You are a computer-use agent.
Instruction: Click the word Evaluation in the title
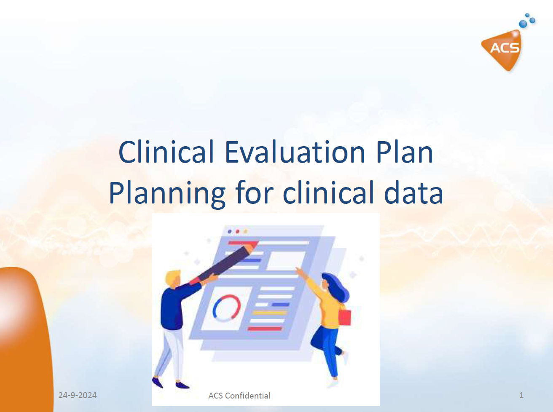pyautogui.click(x=295, y=152)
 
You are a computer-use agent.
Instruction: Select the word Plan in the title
pyautogui.click(x=405, y=152)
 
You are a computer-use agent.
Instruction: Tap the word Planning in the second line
pyautogui.click(x=167, y=194)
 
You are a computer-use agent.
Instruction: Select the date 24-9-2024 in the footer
pyautogui.click(x=78, y=395)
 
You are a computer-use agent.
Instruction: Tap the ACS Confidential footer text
pyautogui.click(x=239, y=396)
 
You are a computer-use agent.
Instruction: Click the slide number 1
pyautogui.click(x=521, y=395)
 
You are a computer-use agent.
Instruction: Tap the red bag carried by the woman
pyautogui.click(x=345, y=317)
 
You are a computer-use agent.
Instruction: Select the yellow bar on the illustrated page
pyautogui.click(x=270, y=313)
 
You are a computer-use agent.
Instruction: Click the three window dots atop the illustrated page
pyautogui.click(x=238, y=232)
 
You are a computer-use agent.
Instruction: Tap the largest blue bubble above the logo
pyautogui.click(x=523, y=24)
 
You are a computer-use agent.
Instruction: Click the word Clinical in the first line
pyautogui.click(x=166, y=152)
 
